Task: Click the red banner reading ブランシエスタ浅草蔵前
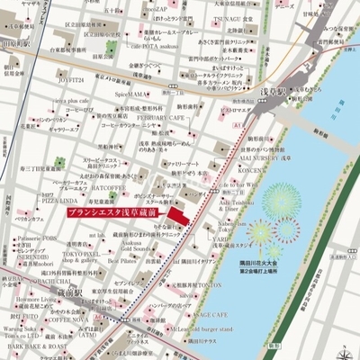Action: point(117,213)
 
